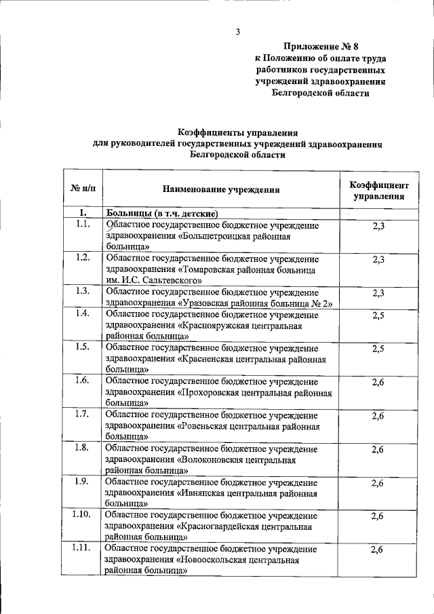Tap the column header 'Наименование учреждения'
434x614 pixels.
pos(221,191)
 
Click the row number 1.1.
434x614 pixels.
pos(83,225)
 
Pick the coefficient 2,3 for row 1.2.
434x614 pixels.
pos(378,259)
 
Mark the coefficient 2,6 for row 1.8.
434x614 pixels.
pos(378,449)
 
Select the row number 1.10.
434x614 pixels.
pos(82,515)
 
